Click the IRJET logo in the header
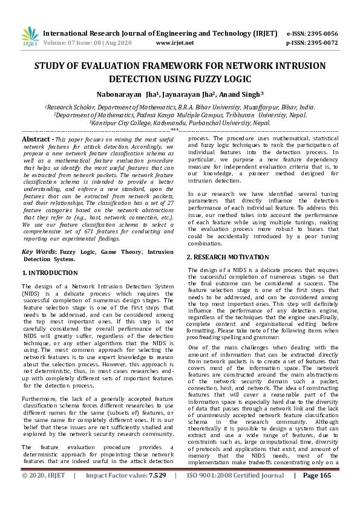[x=30, y=37]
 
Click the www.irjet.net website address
[x=175, y=43]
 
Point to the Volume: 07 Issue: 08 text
[x=74, y=43]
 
